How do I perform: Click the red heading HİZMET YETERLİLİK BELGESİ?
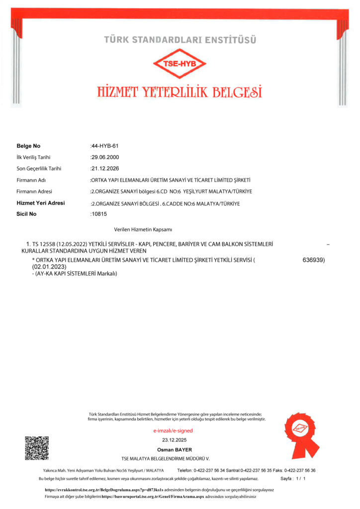click(x=180, y=92)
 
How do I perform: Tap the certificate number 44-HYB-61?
click(x=105, y=146)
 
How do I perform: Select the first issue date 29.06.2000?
click(x=105, y=157)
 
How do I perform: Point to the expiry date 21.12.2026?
click(x=105, y=169)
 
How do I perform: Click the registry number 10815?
click(x=99, y=214)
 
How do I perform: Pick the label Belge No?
click(x=28, y=146)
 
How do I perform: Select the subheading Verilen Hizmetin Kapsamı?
click(x=143, y=230)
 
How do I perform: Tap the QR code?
click(x=37, y=448)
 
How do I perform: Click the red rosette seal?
click(x=301, y=434)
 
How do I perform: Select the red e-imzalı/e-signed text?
click(x=173, y=430)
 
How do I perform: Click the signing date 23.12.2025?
click(x=173, y=440)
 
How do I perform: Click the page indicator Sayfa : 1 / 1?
click(x=293, y=478)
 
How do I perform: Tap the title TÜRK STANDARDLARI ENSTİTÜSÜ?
click(x=180, y=39)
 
